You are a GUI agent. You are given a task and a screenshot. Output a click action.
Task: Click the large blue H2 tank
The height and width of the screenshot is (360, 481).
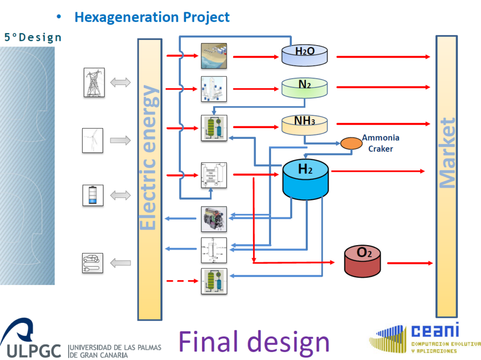coord(305,179)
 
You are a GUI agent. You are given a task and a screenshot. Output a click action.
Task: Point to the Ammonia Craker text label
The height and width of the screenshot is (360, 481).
coord(380,142)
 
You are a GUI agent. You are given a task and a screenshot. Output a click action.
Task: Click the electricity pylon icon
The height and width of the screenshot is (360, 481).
coord(94,83)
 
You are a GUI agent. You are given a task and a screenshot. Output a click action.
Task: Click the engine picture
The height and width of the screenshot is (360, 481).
coord(214,219)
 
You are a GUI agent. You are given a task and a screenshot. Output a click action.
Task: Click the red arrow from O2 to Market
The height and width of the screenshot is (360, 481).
coord(408,263)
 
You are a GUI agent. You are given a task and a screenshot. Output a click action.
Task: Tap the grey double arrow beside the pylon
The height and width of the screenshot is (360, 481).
coord(120,83)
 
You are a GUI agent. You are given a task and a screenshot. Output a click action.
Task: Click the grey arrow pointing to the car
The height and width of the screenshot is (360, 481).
coord(120,263)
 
